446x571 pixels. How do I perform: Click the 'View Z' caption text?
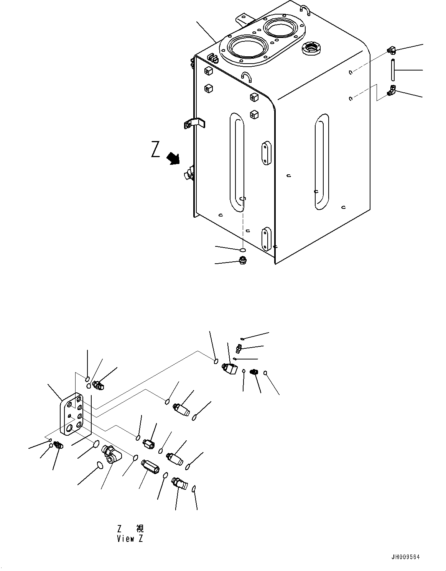click(130, 538)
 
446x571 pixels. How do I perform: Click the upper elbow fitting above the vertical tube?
click(391, 50)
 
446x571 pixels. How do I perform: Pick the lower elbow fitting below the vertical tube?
click(392, 90)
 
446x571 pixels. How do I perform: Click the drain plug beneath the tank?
click(242, 260)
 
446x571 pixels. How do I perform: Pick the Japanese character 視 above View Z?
click(140, 528)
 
